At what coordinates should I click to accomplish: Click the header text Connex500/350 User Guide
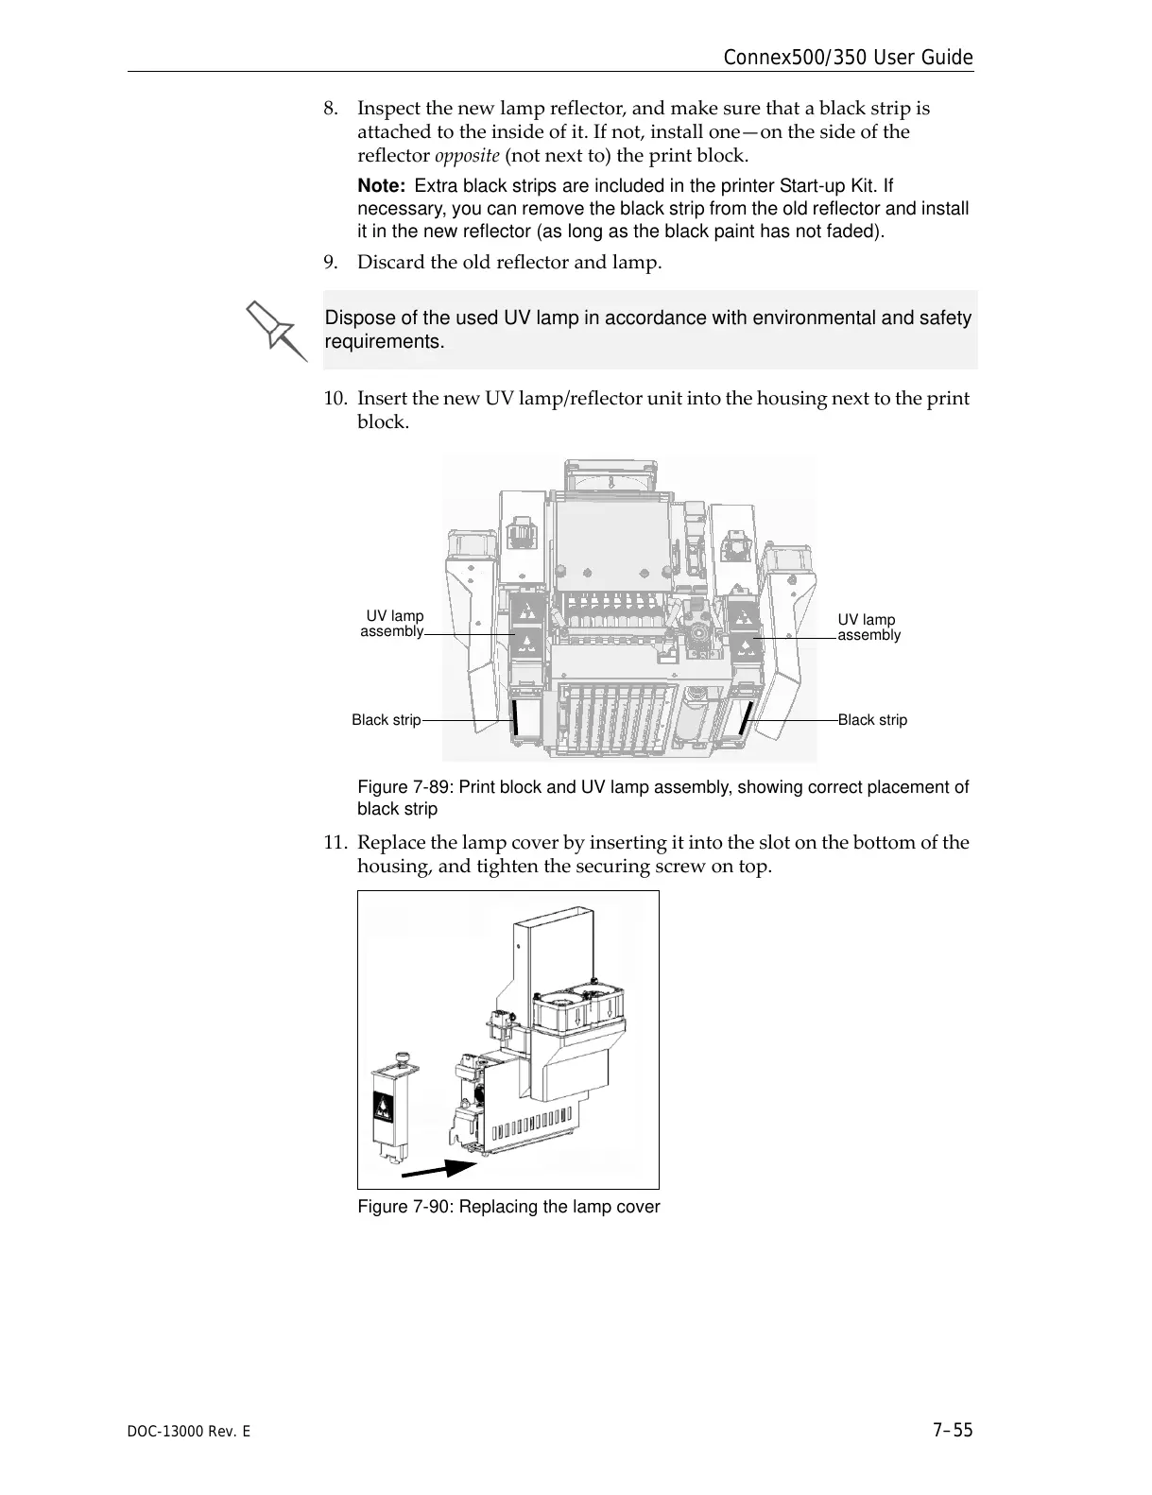847,58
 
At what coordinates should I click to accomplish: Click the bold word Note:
382,187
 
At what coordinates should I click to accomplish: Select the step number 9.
330,262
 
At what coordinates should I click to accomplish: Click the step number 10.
334,399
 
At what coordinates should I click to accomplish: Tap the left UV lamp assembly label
393,624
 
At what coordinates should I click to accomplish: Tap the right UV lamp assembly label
868,627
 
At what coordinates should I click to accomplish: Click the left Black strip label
386,720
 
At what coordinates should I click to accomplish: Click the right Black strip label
872,720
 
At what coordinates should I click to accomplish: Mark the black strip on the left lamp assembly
515,717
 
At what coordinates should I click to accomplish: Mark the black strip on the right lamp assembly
745,718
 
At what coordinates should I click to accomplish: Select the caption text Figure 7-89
404,787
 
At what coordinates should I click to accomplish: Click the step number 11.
334,843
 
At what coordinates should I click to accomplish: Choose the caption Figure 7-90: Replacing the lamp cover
508,1207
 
